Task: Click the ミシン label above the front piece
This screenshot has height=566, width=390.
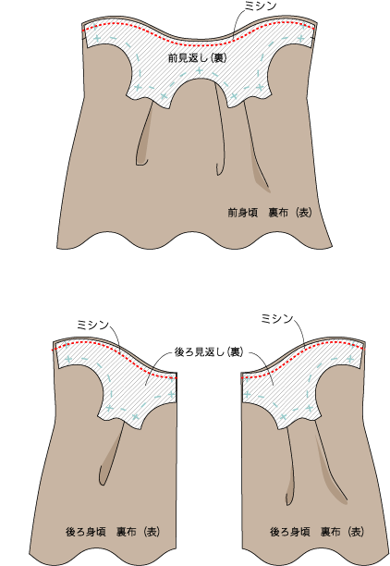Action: point(261,6)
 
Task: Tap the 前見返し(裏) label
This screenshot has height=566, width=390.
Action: point(198,57)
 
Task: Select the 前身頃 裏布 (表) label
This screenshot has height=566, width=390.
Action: point(270,213)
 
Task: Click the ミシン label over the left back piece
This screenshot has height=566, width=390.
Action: point(92,326)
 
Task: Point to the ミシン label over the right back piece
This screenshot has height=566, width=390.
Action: point(276,319)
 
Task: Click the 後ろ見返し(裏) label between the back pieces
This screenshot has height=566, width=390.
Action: point(209,352)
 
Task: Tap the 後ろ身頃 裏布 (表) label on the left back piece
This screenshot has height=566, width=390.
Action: point(113,532)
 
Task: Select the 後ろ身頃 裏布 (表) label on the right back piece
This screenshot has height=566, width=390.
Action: point(317,532)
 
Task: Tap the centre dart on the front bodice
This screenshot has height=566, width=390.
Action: point(221,130)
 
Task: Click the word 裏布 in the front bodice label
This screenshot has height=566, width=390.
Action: point(278,213)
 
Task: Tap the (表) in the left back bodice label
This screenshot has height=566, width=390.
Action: point(152,532)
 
